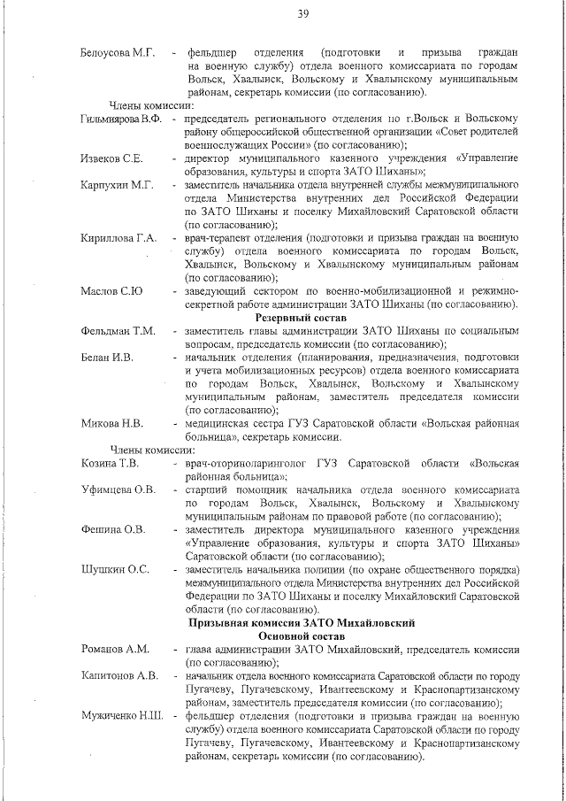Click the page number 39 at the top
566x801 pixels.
[x=302, y=12]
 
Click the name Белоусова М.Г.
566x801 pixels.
[x=118, y=54]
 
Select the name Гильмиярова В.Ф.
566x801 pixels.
[x=121, y=119]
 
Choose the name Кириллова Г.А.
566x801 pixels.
[x=119, y=239]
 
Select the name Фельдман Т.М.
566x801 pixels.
[x=118, y=331]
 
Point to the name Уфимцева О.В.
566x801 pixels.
[x=118, y=489]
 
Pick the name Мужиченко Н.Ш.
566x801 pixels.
[x=121, y=715]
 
